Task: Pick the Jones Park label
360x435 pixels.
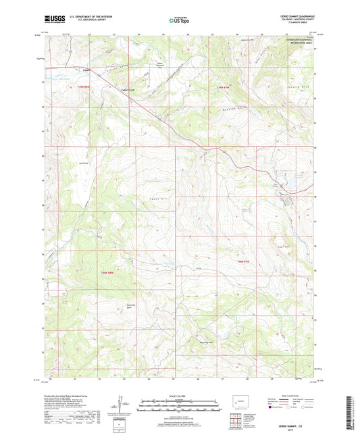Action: [x=85, y=163]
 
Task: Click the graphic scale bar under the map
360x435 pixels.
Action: [x=180, y=407]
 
